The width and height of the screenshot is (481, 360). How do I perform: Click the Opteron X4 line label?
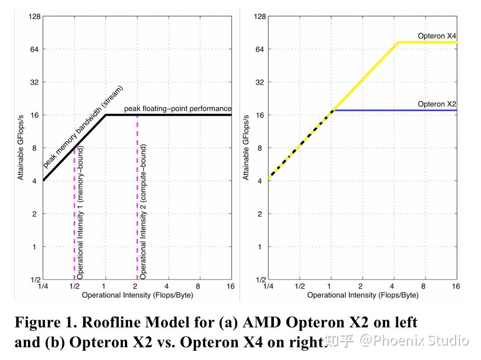(437, 36)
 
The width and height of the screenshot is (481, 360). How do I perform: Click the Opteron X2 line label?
(437, 104)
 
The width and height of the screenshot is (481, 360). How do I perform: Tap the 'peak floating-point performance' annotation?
(178, 109)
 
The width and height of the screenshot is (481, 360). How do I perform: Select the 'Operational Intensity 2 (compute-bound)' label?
(143, 212)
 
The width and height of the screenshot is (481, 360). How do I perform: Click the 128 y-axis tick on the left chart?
(34, 16)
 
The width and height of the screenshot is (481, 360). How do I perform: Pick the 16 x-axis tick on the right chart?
(455, 287)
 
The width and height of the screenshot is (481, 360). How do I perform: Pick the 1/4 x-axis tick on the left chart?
(43, 287)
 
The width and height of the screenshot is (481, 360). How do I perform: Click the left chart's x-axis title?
(137, 295)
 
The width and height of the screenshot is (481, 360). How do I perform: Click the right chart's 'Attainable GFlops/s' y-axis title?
(246, 148)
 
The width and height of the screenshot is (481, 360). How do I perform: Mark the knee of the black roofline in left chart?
(106, 115)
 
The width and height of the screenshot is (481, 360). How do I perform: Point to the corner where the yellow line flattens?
(398, 42)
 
